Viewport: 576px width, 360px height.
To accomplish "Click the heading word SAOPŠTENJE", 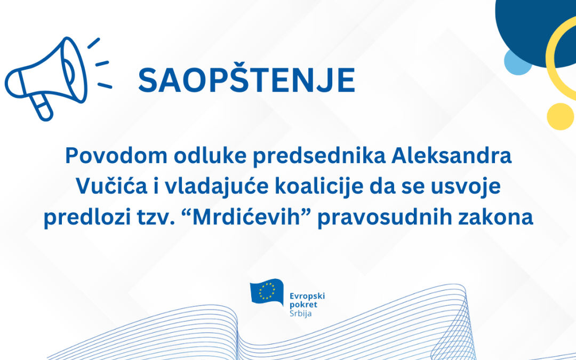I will point(246,81).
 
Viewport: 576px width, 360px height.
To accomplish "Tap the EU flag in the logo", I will point(267,292).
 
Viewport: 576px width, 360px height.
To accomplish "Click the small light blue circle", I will point(517,62).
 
